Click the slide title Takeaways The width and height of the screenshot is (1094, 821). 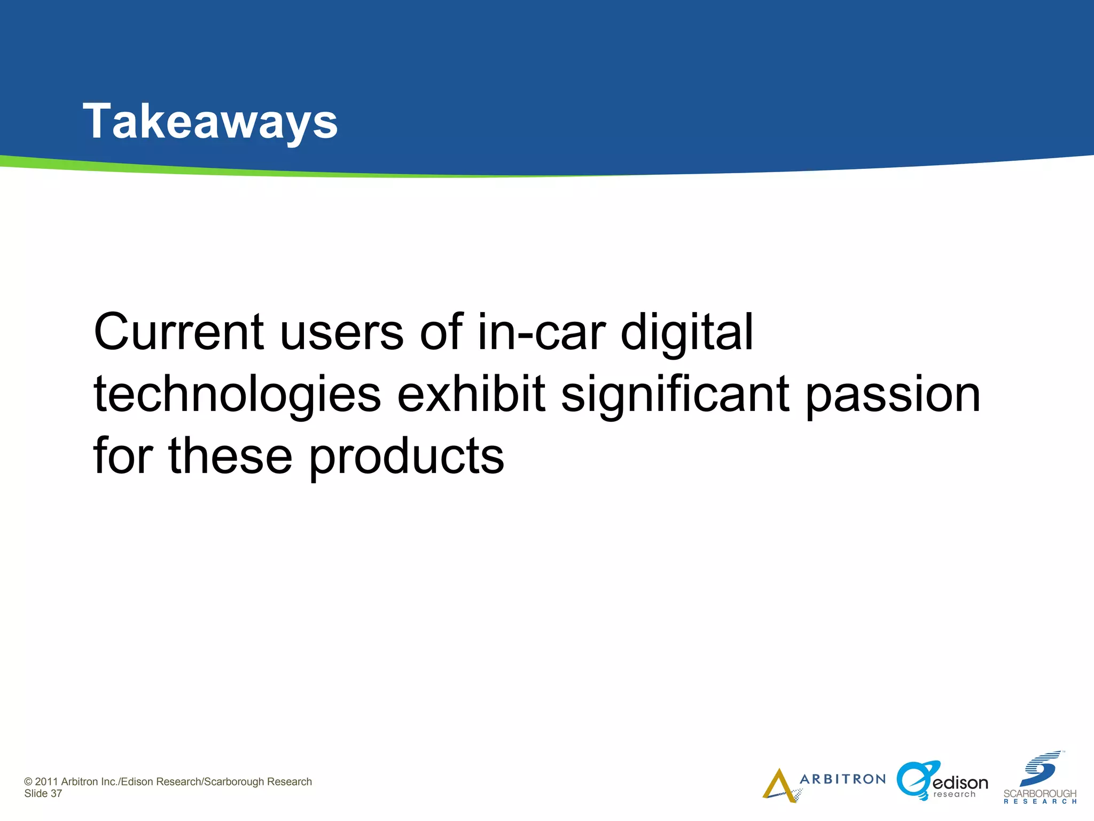pos(210,122)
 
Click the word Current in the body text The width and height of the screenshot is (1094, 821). pos(178,332)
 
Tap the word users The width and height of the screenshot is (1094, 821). pos(341,332)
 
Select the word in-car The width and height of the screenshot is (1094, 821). pos(541,332)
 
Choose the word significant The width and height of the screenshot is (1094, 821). pos(675,394)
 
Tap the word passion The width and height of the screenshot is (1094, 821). pos(893,394)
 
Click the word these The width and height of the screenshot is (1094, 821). pos(230,455)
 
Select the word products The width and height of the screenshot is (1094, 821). pos(406,456)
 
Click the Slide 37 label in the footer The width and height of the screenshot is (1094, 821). pos(43,794)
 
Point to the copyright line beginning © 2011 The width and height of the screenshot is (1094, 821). pos(168,781)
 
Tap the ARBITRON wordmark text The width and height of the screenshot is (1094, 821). pos(842,779)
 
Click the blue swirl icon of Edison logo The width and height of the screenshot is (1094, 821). pos(915,780)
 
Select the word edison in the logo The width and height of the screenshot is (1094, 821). pos(960,783)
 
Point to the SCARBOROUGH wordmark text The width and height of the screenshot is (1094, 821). pos(1040,794)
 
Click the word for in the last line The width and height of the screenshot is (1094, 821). pos(122,455)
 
